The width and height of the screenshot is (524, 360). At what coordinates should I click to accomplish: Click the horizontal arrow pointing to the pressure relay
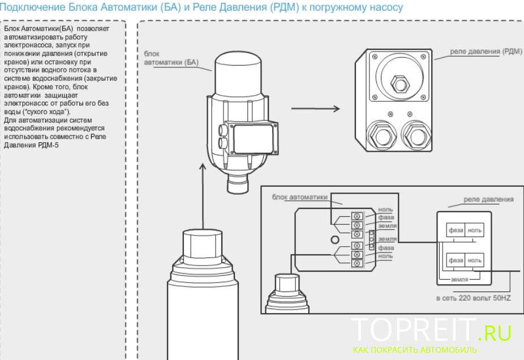click(x=315, y=108)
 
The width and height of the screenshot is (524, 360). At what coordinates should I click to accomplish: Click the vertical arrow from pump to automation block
click(x=203, y=196)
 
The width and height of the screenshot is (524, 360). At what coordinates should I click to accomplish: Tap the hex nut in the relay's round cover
click(x=400, y=84)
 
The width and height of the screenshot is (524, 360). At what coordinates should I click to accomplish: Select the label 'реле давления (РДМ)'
click(x=486, y=52)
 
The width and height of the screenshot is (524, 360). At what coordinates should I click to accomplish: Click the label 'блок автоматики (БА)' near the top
click(x=171, y=58)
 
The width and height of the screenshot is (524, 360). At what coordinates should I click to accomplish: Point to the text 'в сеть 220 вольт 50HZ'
click(x=474, y=298)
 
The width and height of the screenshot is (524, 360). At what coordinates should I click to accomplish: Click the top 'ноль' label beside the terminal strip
click(x=385, y=209)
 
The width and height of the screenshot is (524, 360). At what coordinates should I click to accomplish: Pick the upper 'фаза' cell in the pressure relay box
click(x=456, y=230)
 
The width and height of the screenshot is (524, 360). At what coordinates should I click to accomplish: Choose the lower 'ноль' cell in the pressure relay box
click(x=475, y=260)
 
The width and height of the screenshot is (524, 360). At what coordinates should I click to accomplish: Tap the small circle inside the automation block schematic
click(x=335, y=239)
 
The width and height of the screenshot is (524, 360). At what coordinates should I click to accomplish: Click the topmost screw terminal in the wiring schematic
click(x=357, y=216)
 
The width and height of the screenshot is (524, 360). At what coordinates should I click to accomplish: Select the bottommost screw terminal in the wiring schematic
click(x=357, y=263)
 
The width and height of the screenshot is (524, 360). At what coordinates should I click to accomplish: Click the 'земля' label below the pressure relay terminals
click(x=459, y=280)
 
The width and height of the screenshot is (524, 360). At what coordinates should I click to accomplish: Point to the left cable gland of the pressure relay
click(x=383, y=136)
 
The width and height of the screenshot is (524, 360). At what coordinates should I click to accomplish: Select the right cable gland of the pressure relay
click(x=416, y=136)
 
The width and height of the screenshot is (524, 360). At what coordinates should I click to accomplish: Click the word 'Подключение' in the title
click(x=33, y=7)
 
